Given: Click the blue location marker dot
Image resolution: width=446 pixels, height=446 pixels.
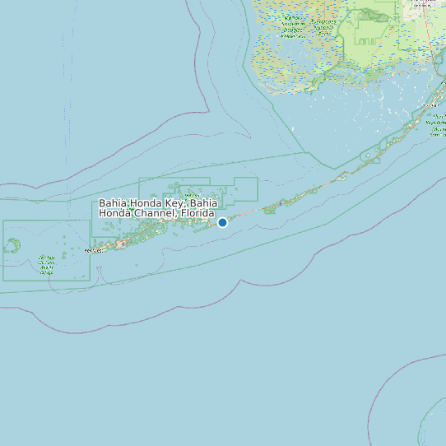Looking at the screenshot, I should coord(222,222).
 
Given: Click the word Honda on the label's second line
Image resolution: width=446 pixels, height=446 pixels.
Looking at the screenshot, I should coord(116,214).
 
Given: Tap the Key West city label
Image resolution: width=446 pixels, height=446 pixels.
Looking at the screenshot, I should coord(96,250).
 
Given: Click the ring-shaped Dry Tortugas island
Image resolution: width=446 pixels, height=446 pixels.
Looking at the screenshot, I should coord(12,245).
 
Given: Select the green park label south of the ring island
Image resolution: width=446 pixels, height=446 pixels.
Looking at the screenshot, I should coord(46,265).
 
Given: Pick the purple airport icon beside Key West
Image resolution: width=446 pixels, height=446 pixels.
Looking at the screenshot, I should coord(122,244).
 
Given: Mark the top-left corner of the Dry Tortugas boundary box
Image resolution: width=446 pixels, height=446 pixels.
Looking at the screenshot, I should coord(3,221).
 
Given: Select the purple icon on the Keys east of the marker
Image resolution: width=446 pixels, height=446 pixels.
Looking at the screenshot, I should coord(281,202).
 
